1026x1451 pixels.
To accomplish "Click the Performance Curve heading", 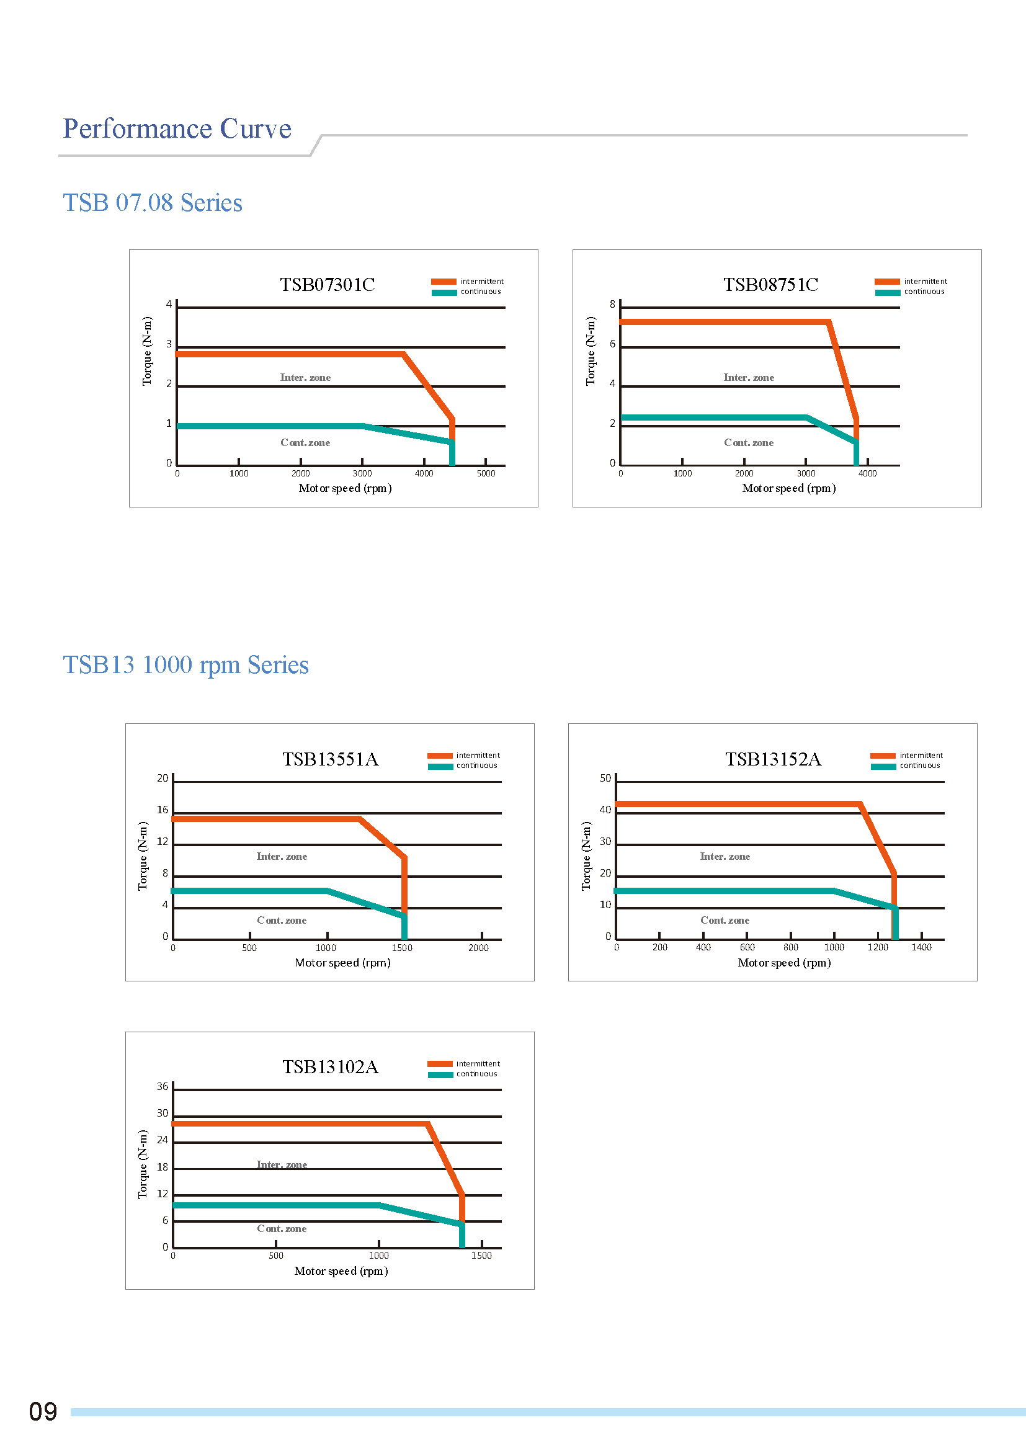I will (x=177, y=129).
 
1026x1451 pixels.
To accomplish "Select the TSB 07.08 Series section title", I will (x=152, y=203).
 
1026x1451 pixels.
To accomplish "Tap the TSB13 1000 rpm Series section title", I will (x=185, y=665).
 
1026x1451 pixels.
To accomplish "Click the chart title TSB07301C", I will (x=328, y=285).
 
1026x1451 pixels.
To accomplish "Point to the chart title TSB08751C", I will (x=771, y=285).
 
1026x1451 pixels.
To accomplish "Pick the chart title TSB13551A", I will (x=330, y=759).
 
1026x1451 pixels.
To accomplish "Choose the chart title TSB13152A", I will (x=773, y=759).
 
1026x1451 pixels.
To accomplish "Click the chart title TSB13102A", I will (x=330, y=1068).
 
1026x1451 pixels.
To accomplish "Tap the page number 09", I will (x=43, y=1412).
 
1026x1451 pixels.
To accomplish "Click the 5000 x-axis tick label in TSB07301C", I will (x=486, y=473).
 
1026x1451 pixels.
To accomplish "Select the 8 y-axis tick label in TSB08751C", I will (x=612, y=305).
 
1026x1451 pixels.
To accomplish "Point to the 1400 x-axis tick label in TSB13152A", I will (x=921, y=947).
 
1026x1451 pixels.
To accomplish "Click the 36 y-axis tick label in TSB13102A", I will (x=163, y=1087).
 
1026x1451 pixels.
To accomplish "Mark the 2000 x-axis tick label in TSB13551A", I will (x=478, y=948).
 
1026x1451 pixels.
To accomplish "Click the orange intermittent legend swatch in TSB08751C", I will (x=887, y=282).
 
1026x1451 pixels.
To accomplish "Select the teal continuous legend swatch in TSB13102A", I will (x=440, y=1075).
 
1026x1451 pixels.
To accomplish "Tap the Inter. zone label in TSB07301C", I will (x=305, y=378).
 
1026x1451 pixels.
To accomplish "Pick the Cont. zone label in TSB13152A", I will (x=725, y=921).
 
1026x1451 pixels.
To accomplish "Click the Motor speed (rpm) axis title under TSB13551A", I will (x=342, y=963).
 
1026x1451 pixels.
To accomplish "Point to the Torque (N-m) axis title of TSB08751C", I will (x=591, y=351).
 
